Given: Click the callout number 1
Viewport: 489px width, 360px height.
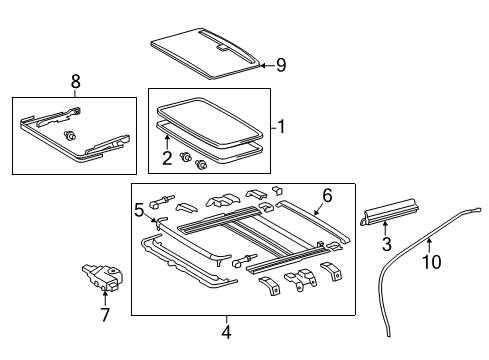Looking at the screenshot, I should pos(282,127).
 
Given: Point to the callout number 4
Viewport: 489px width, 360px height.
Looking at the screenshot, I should pos(226,332).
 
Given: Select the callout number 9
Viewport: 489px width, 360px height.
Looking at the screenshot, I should pos(281,67).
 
